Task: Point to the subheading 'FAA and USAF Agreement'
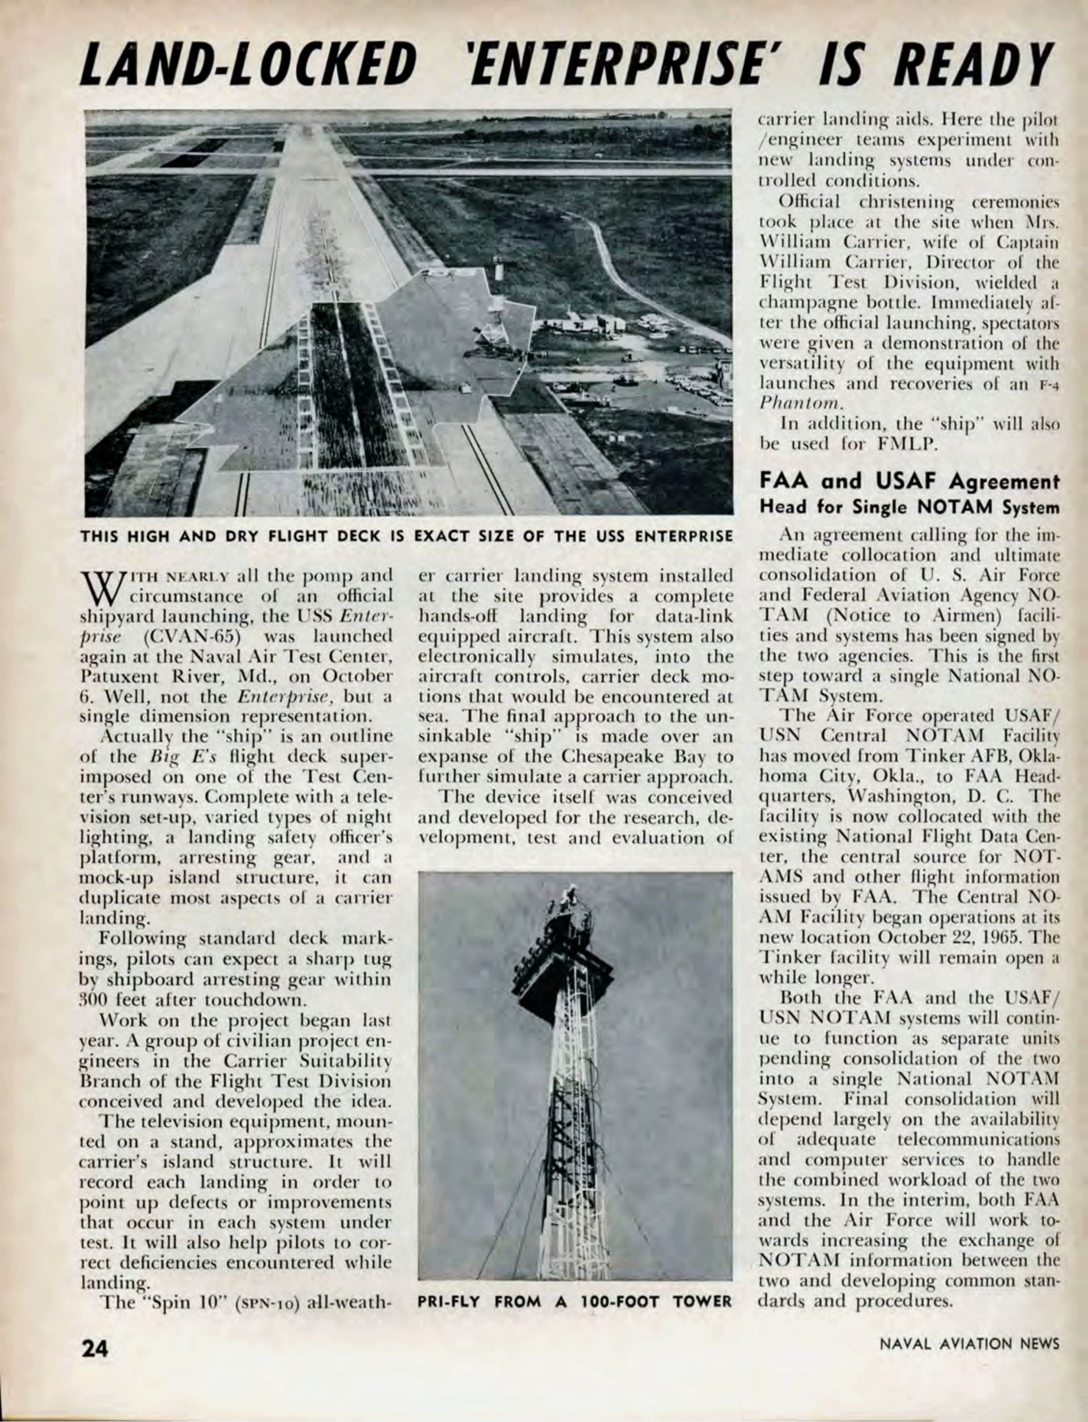(x=908, y=482)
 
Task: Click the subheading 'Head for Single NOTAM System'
(x=908, y=507)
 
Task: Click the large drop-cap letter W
(x=101, y=587)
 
